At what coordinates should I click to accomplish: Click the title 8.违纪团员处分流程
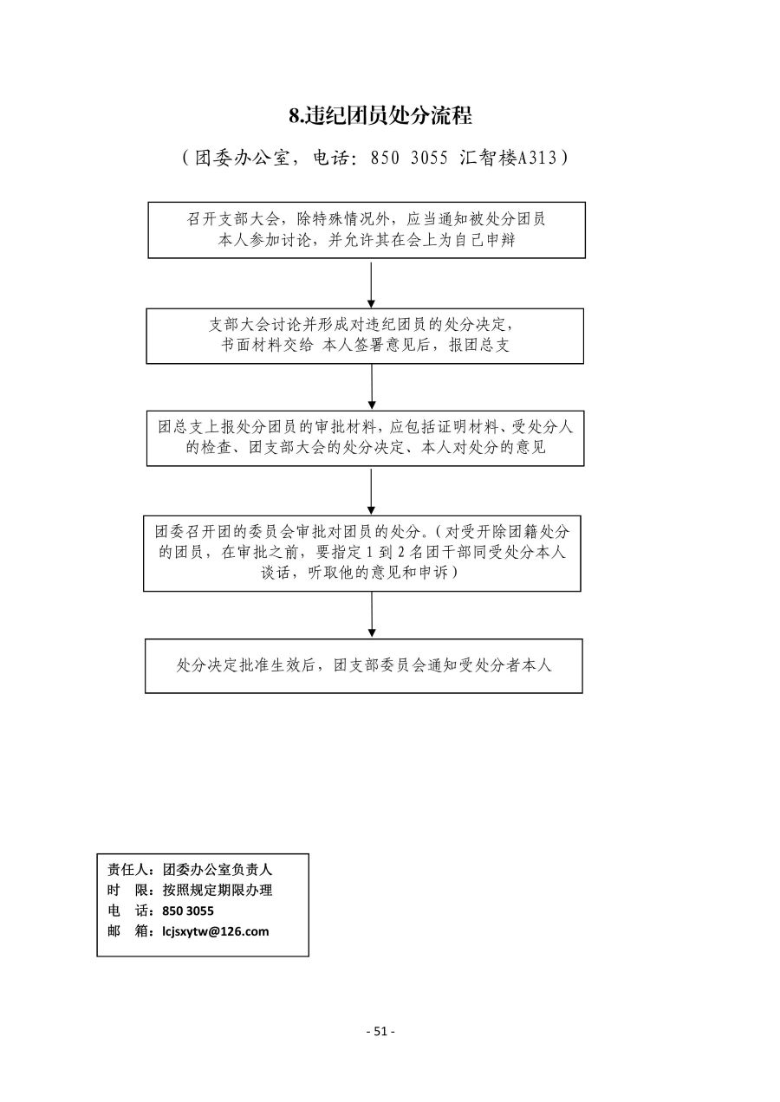[380, 116]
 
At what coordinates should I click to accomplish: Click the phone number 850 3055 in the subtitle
[409, 158]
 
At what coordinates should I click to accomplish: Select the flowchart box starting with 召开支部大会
[367, 230]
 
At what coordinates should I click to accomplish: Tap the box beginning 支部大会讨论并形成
[365, 336]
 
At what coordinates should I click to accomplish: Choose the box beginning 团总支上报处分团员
[365, 438]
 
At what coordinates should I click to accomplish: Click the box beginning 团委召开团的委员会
[361, 554]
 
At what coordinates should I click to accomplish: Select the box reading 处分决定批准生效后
[364, 666]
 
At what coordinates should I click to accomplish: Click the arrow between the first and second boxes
[371, 285]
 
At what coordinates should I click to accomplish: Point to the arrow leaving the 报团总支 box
[372, 386]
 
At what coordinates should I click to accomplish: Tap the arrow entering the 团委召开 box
[371, 491]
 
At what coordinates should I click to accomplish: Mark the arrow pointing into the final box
[372, 614]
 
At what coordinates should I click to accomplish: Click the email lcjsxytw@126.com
[216, 931]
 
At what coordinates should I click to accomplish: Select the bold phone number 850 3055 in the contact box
[188, 911]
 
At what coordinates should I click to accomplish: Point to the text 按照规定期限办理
[217, 890]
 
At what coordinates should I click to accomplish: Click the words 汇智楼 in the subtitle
[487, 158]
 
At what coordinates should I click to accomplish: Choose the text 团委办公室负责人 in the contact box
[217, 870]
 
